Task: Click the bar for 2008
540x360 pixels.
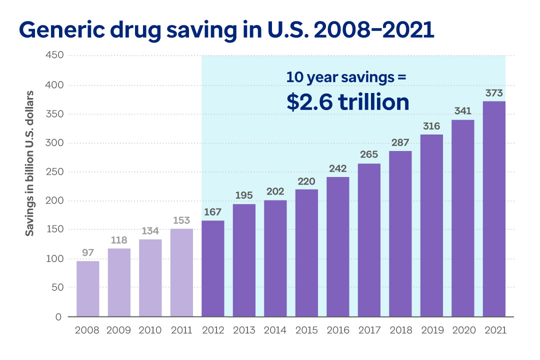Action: click(88, 289)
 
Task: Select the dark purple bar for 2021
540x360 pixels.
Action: click(494, 209)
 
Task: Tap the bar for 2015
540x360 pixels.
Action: click(306, 253)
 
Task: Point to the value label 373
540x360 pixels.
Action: click(494, 93)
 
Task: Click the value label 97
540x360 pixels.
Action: click(88, 253)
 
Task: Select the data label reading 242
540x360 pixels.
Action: click(338, 168)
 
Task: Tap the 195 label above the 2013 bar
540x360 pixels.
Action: click(244, 195)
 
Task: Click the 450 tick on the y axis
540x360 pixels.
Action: click(55, 55)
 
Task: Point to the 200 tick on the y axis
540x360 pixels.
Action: click(55, 201)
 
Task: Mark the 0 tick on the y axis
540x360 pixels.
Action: click(59, 316)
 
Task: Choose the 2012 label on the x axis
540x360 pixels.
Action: click(213, 330)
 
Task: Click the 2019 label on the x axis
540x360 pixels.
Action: click(431, 330)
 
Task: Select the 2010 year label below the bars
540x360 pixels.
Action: click(150, 330)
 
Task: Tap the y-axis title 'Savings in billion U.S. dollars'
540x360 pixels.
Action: click(30, 163)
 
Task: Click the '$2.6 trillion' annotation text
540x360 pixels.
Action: click(348, 102)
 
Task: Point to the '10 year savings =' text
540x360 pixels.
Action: click(346, 77)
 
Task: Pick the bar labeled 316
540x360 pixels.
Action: click(431, 225)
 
